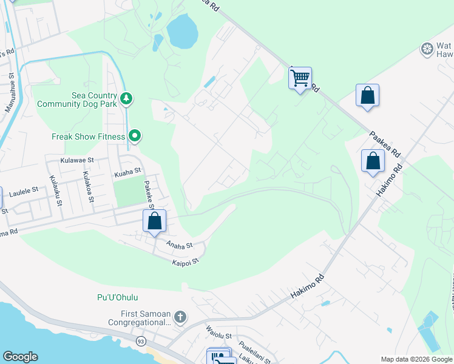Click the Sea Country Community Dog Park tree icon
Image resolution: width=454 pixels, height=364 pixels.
point(126,98)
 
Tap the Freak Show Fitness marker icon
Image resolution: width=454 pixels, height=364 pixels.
point(135,136)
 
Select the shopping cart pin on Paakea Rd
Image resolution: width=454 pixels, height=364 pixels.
point(300,78)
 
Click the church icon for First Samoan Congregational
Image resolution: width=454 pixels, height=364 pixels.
point(180,317)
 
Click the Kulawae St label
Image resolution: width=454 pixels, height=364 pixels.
point(78,160)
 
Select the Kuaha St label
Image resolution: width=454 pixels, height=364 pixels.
point(127,174)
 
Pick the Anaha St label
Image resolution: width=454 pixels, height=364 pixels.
point(180,245)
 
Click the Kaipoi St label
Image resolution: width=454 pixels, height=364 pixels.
point(185,262)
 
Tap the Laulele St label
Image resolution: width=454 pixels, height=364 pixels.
point(24,190)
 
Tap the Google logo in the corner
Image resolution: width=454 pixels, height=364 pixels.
point(20,357)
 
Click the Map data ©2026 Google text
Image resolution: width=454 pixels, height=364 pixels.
point(416,359)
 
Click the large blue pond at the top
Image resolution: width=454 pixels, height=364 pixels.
point(181,32)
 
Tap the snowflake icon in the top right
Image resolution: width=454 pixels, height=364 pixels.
point(427,48)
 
